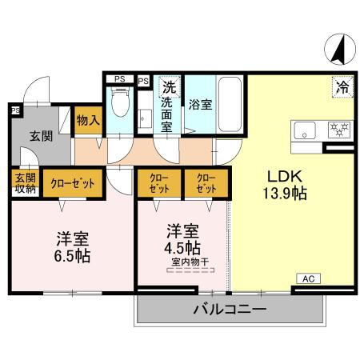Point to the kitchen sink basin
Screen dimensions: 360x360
point(305,130)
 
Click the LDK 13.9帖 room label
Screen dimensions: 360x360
point(286,183)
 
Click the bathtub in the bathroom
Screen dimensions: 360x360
point(230,106)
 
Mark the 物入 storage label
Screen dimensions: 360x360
point(88,121)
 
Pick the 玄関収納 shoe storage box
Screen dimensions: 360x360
point(25,182)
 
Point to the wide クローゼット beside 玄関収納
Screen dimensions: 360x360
point(73,182)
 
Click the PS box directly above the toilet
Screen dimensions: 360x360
point(119,78)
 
